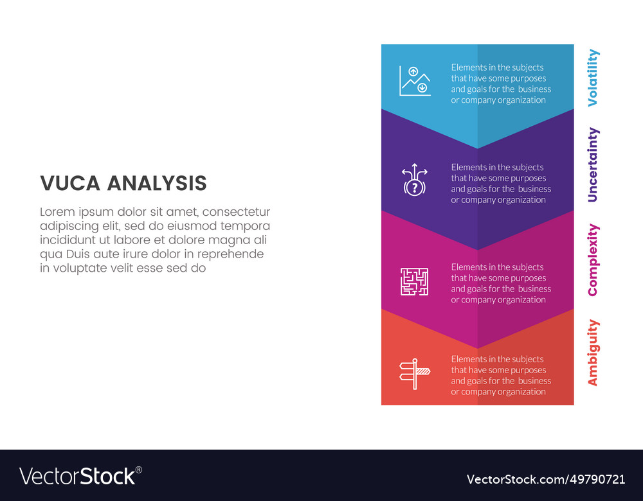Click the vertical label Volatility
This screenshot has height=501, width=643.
pyautogui.click(x=593, y=77)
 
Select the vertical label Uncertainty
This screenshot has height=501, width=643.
pyautogui.click(x=593, y=165)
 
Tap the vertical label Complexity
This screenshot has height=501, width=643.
pyautogui.click(x=593, y=259)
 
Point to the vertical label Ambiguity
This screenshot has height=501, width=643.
pyautogui.click(x=593, y=353)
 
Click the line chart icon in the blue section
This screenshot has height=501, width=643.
pyautogui.click(x=415, y=81)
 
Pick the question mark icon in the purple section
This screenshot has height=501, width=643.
pyautogui.click(x=415, y=180)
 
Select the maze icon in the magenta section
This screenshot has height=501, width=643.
pyautogui.click(x=415, y=281)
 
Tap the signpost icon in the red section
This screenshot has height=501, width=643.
pyautogui.click(x=415, y=373)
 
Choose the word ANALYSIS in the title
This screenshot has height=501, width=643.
pyautogui.click(x=157, y=184)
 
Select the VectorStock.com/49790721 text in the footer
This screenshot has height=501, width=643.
pyautogui.click(x=545, y=479)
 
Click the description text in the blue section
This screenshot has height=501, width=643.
pyautogui.click(x=501, y=83)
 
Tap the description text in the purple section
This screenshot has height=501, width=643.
pyautogui.click(x=501, y=183)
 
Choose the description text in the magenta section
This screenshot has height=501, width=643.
pyautogui.click(x=501, y=283)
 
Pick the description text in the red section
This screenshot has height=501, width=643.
pyautogui.click(x=501, y=375)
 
